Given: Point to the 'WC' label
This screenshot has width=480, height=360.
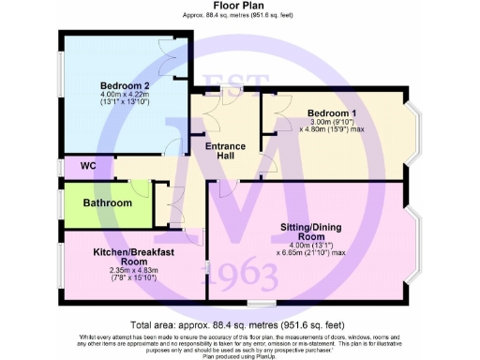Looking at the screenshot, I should pyautogui.click(x=88, y=166).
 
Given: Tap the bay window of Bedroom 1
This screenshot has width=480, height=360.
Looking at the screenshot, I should pyautogui.click(x=418, y=130).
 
